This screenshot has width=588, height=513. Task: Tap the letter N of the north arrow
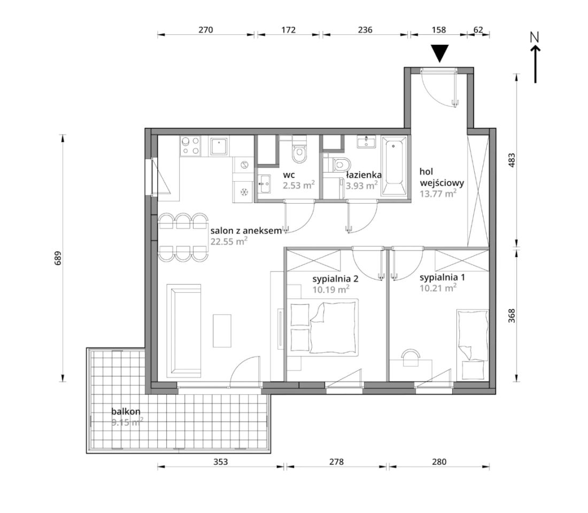[535, 37]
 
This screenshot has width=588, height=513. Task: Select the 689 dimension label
[58, 258]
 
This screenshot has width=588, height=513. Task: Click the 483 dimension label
[512, 160]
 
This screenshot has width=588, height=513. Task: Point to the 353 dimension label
[220, 462]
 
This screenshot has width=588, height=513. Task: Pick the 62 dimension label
[478, 29]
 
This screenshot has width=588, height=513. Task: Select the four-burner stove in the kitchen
[190, 146]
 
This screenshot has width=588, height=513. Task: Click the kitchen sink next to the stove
[219, 146]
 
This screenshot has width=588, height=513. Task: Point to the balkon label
[126, 411]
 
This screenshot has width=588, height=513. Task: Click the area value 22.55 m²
[229, 241]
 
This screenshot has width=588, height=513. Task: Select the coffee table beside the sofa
[222, 331]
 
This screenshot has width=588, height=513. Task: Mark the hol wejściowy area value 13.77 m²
[438, 193]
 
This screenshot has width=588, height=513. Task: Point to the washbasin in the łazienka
[366, 142]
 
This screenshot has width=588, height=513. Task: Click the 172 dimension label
[288, 29]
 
